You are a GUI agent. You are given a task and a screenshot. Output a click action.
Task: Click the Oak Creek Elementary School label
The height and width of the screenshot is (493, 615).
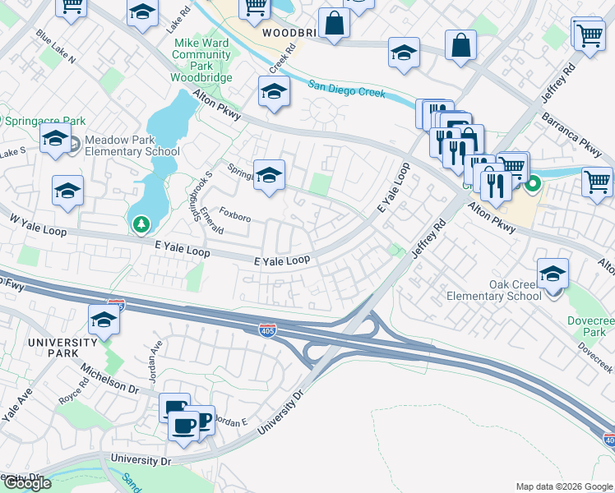(x=493, y=290)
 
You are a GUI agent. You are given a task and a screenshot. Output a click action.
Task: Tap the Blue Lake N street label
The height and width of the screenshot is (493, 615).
(x=56, y=48)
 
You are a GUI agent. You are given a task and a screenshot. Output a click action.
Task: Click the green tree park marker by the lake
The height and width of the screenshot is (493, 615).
(x=142, y=223)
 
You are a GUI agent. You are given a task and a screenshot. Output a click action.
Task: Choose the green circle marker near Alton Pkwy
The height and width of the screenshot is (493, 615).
(x=532, y=185)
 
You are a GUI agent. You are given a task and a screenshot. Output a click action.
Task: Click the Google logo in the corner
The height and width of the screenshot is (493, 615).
(x=26, y=483)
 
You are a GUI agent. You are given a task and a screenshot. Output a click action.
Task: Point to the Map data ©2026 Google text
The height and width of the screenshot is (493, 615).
(x=564, y=486)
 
